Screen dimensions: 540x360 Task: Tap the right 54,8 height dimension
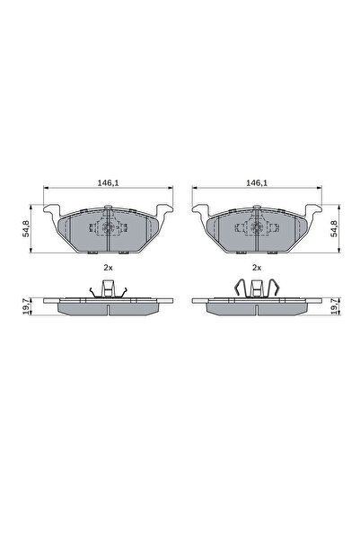(x=334, y=229)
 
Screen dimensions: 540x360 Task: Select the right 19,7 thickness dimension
(x=334, y=305)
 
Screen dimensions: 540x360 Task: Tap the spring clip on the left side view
(x=109, y=288)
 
